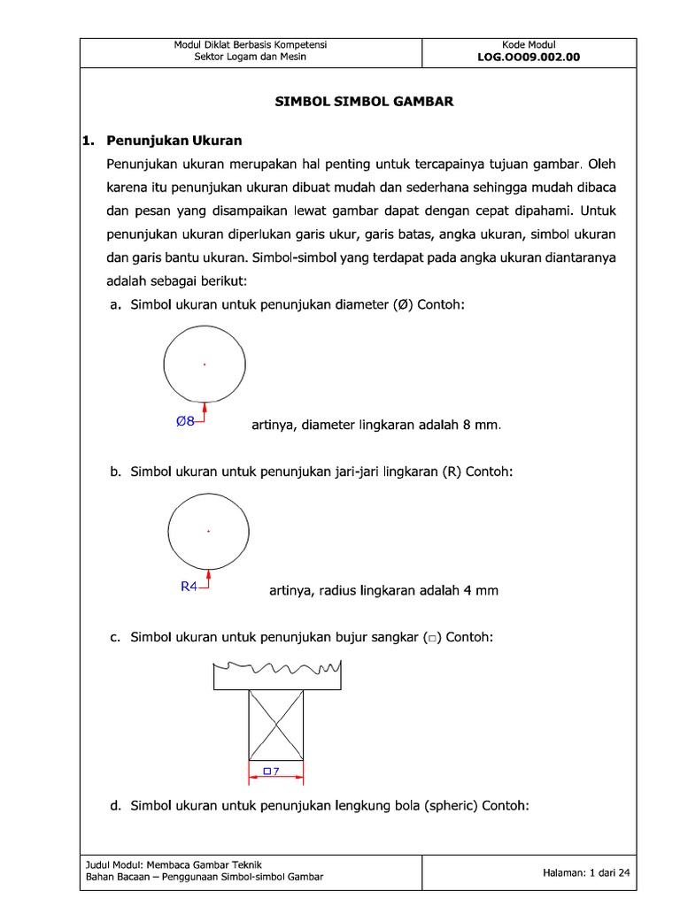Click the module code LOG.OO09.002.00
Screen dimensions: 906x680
529,58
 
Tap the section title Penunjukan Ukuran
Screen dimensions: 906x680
174,141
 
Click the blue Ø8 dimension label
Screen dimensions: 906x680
185,422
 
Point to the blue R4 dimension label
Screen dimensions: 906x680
189,586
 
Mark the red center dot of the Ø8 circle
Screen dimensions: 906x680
205,364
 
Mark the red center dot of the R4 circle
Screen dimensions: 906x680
208,531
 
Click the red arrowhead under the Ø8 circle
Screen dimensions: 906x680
205,406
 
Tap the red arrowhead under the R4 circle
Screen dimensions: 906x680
208,572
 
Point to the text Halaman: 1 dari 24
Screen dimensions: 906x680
585,872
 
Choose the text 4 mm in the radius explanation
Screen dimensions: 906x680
481,591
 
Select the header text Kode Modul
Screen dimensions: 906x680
529,45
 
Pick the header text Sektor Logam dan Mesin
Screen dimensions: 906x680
251,58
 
